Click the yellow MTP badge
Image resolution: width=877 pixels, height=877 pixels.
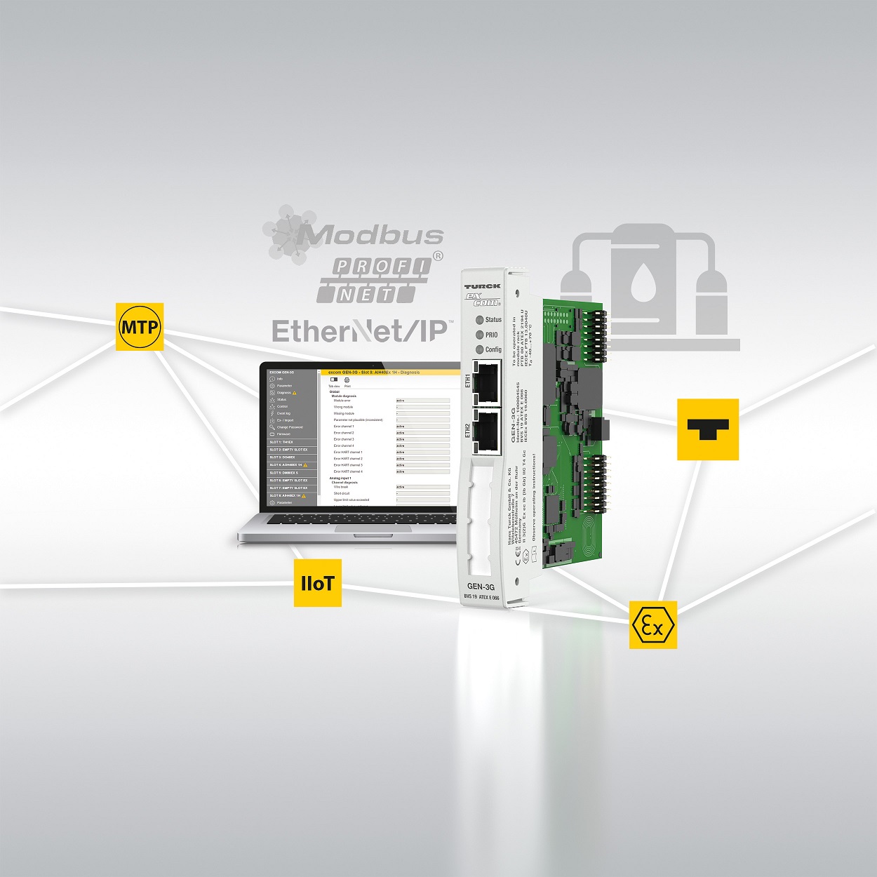coord(140,327)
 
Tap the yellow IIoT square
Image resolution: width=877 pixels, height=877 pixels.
coord(317,583)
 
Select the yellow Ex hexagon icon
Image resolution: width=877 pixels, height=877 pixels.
coord(652,624)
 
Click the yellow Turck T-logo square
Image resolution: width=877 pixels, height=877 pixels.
coord(707,429)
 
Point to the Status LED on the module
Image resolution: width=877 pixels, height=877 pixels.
coord(481,320)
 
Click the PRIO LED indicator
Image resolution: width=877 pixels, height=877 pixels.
coord(481,335)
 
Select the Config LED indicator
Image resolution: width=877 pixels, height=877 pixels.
coord(481,349)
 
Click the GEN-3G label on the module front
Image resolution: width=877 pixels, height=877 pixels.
coord(481,587)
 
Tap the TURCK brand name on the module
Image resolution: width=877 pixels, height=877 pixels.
coord(482,286)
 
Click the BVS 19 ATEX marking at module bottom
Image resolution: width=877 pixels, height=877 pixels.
coord(481,598)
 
